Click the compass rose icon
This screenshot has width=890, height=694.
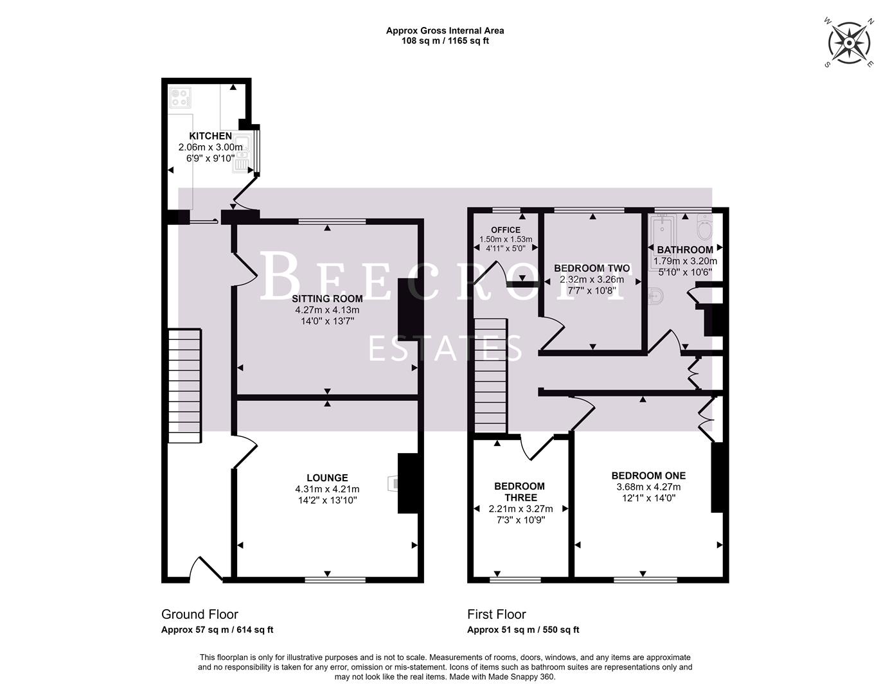tap(849, 43)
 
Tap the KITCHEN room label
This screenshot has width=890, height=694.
tap(210, 136)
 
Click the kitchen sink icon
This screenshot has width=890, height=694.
tap(243, 154)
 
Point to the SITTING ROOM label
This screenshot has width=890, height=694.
tap(327, 299)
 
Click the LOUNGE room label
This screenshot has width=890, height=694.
tap(327, 477)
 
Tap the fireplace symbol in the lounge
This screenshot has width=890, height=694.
tap(392, 483)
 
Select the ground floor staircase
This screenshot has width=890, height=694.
tap(185, 386)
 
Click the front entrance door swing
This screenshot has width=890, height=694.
tap(206, 569)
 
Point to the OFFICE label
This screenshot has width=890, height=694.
tap(506, 230)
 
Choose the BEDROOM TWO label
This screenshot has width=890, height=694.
tap(592, 269)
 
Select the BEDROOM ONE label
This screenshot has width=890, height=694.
tap(648, 476)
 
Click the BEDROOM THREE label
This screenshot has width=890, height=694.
tap(519, 492)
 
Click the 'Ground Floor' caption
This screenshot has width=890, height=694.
tap(200, 614)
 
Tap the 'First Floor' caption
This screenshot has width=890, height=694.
tap(497, 614)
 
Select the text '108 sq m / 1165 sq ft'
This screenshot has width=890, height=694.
tap(445, 41)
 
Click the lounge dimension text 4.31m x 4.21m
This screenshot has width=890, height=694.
tap(327, 489)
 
